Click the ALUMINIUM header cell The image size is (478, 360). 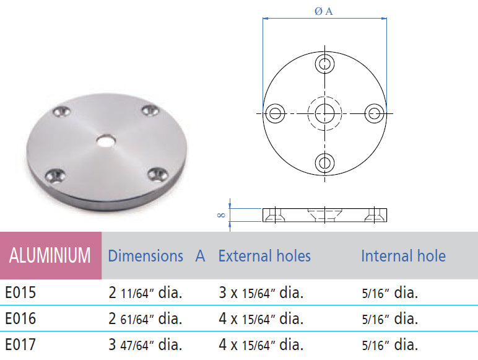(50, 255)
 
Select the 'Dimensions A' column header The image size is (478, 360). (156, 256)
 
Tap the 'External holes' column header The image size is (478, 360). (264, 256)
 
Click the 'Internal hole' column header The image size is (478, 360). (403, 256)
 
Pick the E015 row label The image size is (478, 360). (20, 292)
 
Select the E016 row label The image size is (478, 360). (20, 318)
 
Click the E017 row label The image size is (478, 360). (20, 345)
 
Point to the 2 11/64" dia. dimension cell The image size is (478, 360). (145, 292)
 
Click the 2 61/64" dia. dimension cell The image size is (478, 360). (145, 318)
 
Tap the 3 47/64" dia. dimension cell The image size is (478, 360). (145, 345)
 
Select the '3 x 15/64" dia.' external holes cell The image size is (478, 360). (261, 292)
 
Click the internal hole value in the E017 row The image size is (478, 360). (389, 345)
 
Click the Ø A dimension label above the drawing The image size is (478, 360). (324, 12)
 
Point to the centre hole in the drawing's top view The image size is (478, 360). (324, 113)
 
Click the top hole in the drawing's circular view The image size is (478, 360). (324, 63)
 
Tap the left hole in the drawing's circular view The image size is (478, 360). (275, 113)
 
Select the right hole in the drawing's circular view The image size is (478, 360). (374, 113)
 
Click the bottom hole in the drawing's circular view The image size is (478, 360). (324, 162)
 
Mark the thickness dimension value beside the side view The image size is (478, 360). (220, 214)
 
